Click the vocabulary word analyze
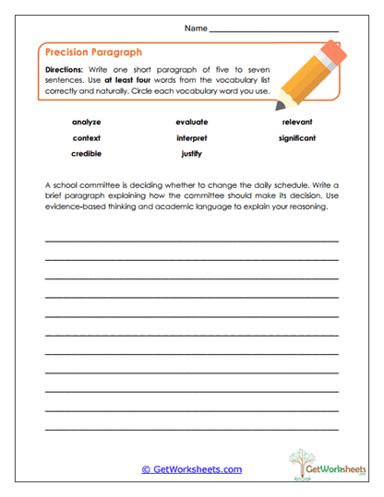coord(86,122)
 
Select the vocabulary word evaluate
coord(192,122)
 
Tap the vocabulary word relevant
coord(297,122)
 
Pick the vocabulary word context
coord(86,138)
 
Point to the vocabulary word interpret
coord(192,138)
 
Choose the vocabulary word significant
coord(297,138)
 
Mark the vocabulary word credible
coord(86,154)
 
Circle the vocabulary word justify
coord(192,154)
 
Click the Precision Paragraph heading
coord(93,53)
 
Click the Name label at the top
coord(196,29)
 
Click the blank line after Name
coord(274,31)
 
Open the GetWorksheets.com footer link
coord(191,469)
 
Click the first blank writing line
coord(192,241)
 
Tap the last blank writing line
coord(192,429)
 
